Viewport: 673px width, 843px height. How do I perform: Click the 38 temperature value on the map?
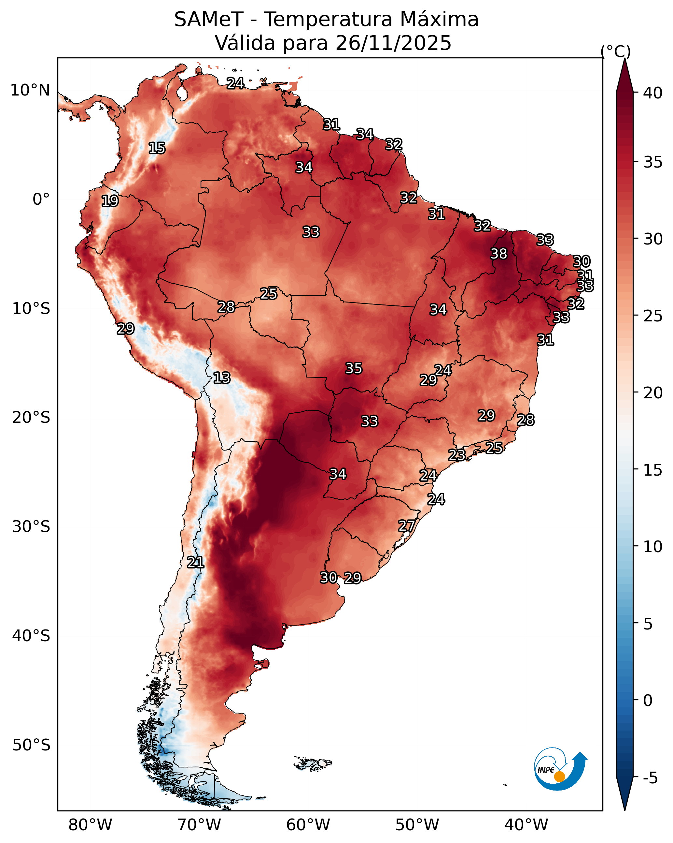(499, 254)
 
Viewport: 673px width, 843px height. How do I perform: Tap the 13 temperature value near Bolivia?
(222, 378)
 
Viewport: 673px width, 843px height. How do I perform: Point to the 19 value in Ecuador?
(110, 201)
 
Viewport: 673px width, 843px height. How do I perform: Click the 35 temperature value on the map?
(354, 368)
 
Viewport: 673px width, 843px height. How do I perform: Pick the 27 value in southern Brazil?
(407, 526)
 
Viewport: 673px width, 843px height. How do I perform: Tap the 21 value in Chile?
(195, 562)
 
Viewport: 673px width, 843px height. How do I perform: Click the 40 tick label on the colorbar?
(653, 93)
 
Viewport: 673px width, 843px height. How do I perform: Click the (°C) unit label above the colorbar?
(616, 51)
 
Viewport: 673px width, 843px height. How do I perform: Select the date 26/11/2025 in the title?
(393, 43)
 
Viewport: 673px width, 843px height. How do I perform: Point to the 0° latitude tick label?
(41, 200)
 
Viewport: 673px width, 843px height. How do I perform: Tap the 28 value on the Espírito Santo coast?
(526, 420)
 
